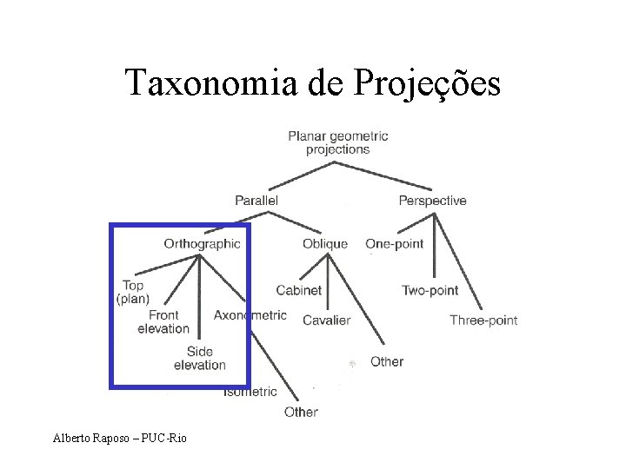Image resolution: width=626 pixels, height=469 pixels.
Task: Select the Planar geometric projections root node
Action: click(x=338, y=142)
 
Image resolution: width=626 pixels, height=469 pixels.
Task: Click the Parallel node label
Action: click(x=256, y=201)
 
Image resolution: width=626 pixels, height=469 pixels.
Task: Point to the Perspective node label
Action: click(x=432, y=201)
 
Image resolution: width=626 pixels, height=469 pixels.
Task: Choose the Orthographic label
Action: click(x=202, y=244)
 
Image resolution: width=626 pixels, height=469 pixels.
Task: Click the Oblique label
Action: click(x=325, y=244)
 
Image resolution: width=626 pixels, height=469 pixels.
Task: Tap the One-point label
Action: click(x=395, y=244)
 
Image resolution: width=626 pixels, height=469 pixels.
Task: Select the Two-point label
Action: click(x=430, y=290)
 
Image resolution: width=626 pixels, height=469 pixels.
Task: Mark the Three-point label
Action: click(x=483, y=320)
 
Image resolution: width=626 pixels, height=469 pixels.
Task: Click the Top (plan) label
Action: click(x=133, y=292)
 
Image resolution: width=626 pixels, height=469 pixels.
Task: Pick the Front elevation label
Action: click(x=163, y=321)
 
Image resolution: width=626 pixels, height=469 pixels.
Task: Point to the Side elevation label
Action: click(x=199, y=358)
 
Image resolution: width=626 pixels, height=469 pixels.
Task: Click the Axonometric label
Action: click(x=250, y=314)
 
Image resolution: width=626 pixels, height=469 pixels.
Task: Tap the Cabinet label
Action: click(x=299, y=290)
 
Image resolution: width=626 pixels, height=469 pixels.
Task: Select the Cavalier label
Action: click(x=327, y=320)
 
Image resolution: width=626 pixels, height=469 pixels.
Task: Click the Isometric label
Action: click(x=250, y=393)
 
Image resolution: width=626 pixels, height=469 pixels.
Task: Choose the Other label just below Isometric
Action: click(x=301, y=412)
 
